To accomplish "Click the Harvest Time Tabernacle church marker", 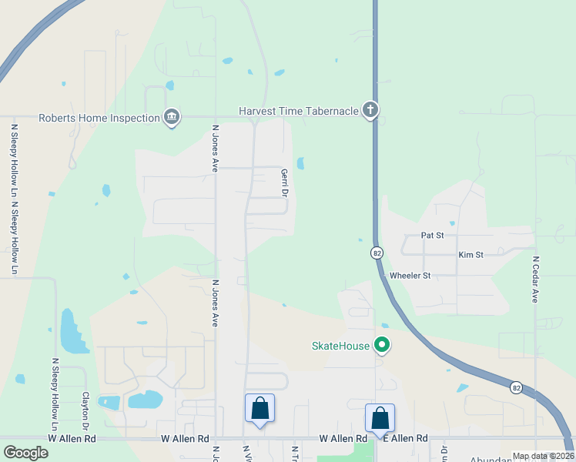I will pos(370,111).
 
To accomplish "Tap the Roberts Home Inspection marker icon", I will pos(171,118).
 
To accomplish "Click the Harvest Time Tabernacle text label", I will pos(299,111).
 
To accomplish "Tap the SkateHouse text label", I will pos(340,346).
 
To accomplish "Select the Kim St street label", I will pos(470,254).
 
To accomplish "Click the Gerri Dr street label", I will pos(283,183).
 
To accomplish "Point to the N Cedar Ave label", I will pos(534,279).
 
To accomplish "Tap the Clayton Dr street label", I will pos(86,410).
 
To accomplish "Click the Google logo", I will pos(25,452).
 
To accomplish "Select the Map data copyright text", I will pos(543,456).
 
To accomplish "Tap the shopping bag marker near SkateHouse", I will pos(380,420).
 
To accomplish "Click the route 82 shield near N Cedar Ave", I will pos(516,388).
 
